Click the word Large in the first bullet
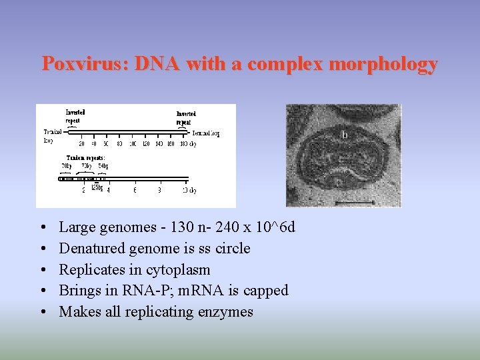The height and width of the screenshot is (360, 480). point(77,227)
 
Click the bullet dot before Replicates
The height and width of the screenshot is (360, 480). point(43,270)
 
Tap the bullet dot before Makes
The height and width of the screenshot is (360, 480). point(43,312)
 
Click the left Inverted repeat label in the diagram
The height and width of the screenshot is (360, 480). point(75,117)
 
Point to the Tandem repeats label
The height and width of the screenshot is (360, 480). point(85,157)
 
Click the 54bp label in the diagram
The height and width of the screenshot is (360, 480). point(103,165)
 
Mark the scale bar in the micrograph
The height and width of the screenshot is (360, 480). point(353,201)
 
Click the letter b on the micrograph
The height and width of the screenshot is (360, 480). point(344,135)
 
